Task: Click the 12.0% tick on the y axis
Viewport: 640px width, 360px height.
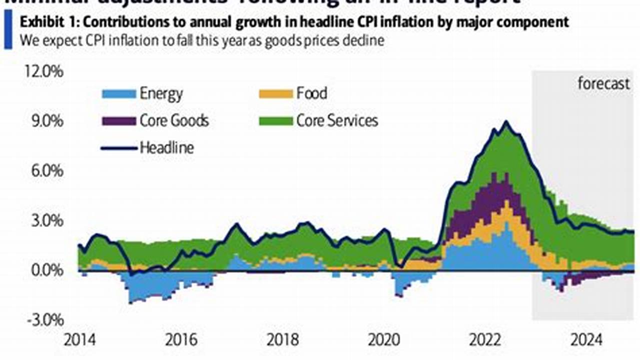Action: [x=44, y=72]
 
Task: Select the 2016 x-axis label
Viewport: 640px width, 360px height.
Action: [x=181, y=340]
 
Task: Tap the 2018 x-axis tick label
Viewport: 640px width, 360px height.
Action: [x=283, y=340]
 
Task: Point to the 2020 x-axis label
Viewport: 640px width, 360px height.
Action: [x=385, y=340]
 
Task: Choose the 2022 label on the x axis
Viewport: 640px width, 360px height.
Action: [x=486, y=340]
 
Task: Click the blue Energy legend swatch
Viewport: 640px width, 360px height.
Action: [x=119, y=93]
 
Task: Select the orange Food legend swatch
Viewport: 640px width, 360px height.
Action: [x=275, y=93]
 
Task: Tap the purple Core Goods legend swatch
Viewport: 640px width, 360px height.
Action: [x=119, y=121]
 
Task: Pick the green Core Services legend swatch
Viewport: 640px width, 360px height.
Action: [x=275, y=121]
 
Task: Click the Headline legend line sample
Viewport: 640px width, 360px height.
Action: [x=119, y=148]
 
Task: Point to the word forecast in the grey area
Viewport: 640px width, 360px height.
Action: [x=603, y=83]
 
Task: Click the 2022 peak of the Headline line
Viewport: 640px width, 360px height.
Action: [x=506, y=121]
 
